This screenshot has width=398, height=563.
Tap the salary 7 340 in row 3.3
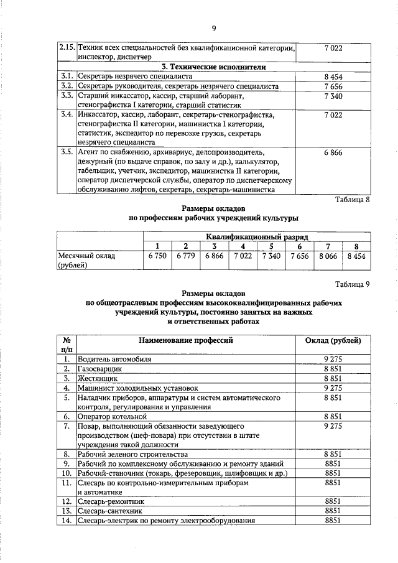click(x=333, y=96)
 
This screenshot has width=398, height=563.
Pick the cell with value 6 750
click(x=158, y=255)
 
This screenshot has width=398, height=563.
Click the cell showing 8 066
click(x=328, y=255)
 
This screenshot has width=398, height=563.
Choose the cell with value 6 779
click(x=186, y=255)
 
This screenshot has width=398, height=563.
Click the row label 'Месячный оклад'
click(x=86, y=256)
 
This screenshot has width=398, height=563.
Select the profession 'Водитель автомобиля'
click(x=114, y=359)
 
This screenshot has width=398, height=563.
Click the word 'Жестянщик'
click(x=98, y=378)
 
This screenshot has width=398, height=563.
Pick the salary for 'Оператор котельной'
click(x=333, y=416)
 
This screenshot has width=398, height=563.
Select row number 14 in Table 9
click(x=65, y=520)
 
